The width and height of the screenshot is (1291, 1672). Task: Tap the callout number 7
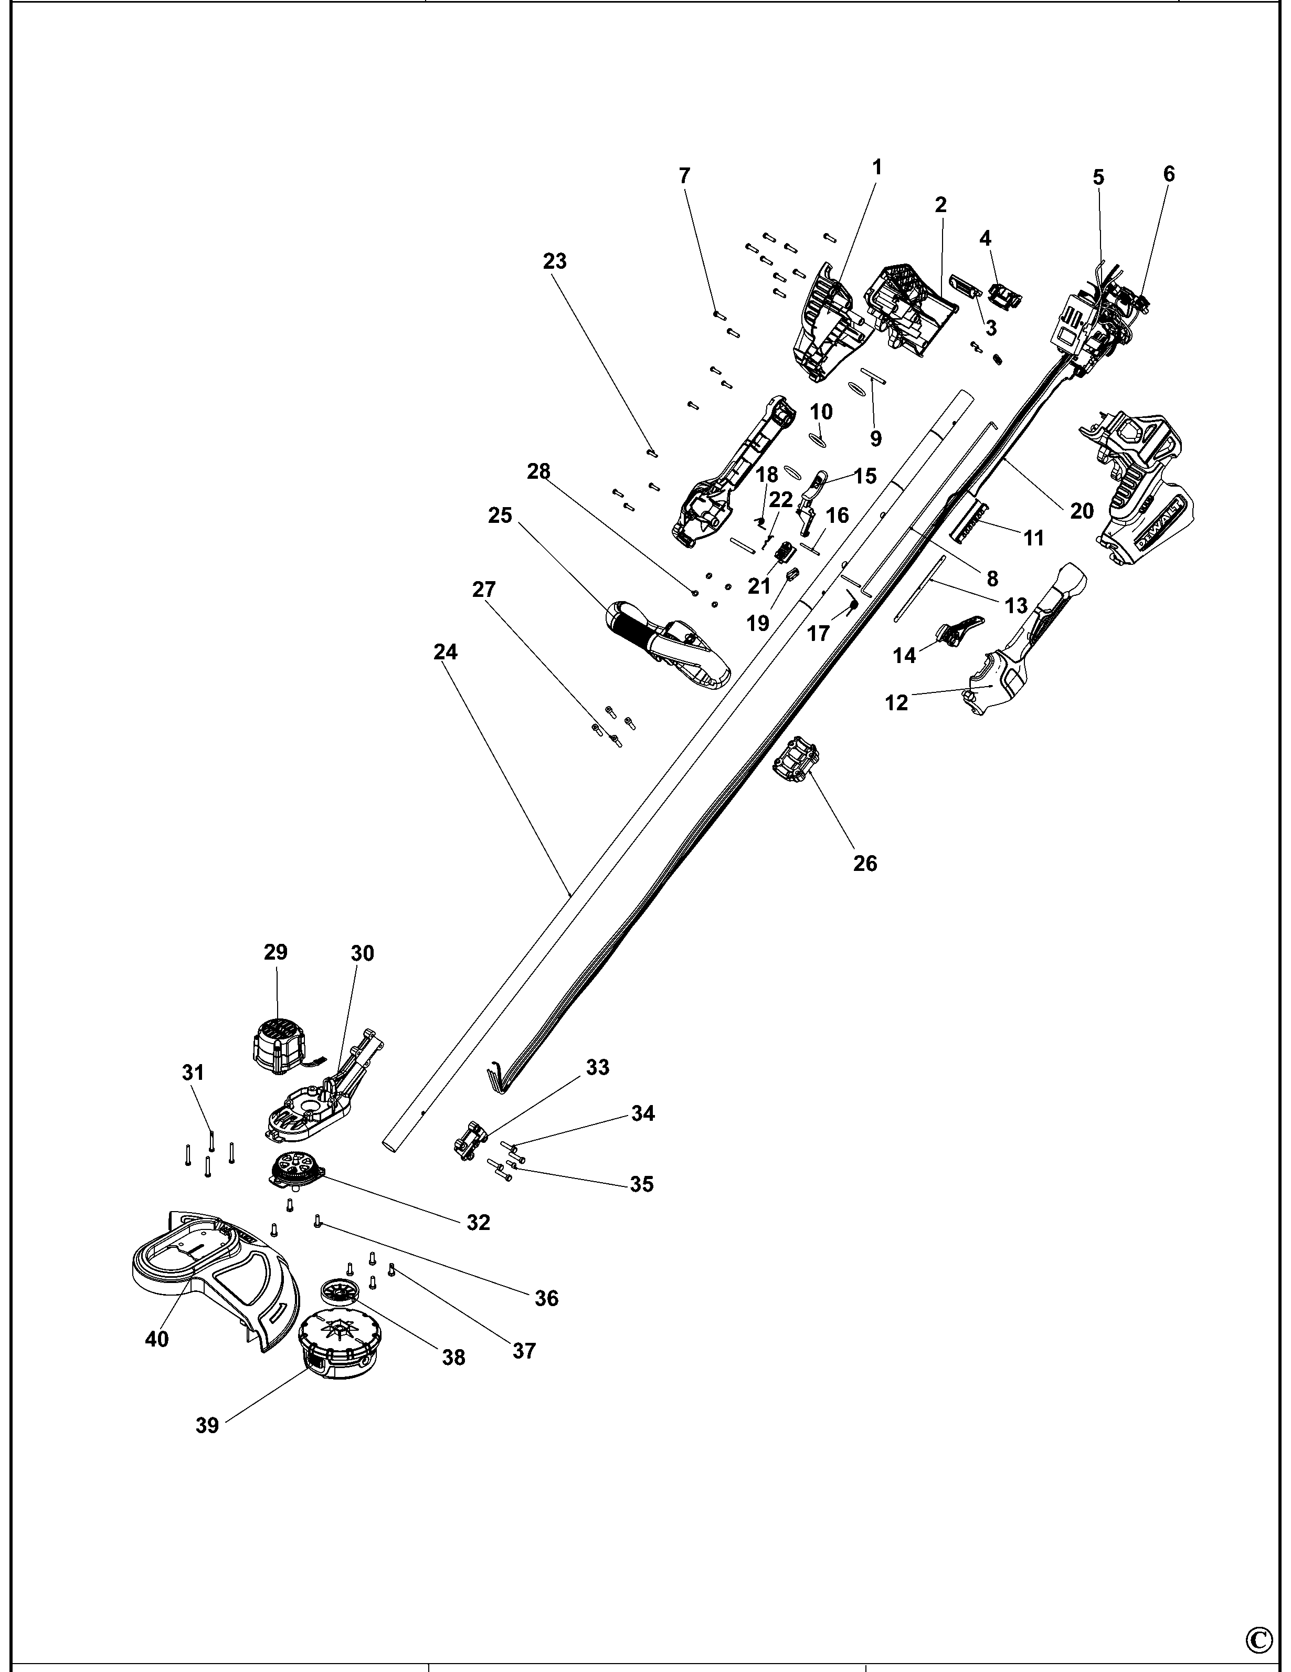click(x=684, y=175)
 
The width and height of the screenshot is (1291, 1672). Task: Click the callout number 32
click(x=478, y=1223)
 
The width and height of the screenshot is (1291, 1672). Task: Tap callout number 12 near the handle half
click(x=896, y=702)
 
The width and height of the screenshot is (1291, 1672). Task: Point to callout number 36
click(x=546, y=1298)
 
